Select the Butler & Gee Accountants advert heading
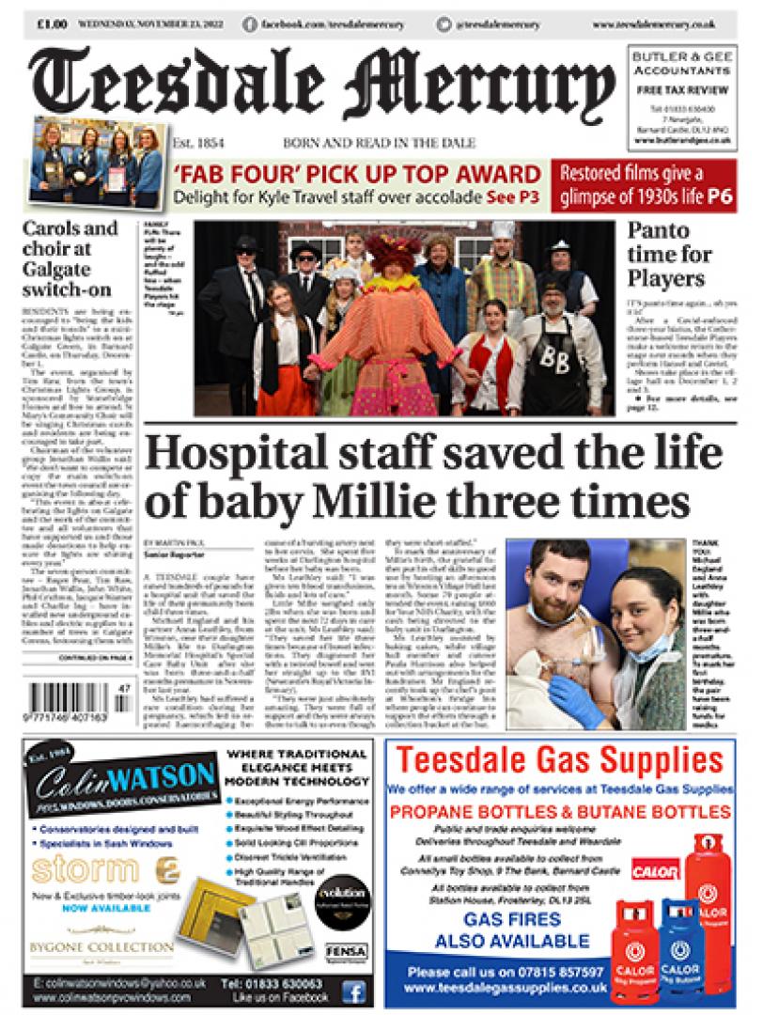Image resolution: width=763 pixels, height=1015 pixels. pos(681,64)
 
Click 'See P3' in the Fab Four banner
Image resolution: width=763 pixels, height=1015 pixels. pos(512,198)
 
